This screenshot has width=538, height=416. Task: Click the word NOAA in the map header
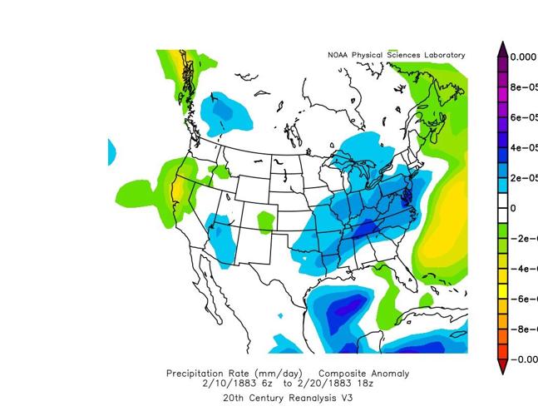pyautogui.click(x=338, y=55)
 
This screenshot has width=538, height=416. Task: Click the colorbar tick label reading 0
pyautogui.click(x=513, y=208)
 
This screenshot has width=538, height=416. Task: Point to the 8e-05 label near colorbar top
pyautogui.click(x=523, y=87)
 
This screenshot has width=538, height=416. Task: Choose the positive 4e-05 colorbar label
pyautogui.click(x=523, y=148)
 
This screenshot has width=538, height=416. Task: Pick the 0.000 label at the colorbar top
pyautogui.click(x=523, y=57)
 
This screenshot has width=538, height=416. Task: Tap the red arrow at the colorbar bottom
pyautogui.click(x=502, y=366)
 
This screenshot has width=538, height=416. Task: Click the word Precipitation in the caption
pyautogui.click(x=196, y=374)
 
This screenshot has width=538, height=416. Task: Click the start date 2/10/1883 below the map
pyautogui.click(x=224, y=384)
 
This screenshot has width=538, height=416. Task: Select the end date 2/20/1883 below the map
pyautogui.click(x=325, y=384)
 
